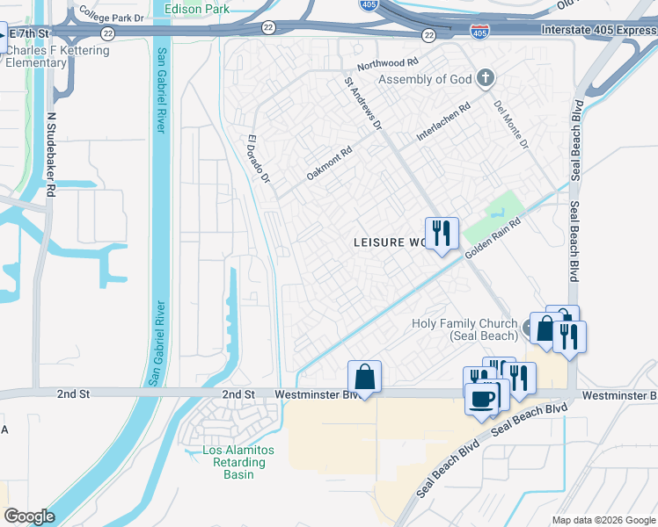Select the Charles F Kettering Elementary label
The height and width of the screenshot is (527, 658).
(58, 56)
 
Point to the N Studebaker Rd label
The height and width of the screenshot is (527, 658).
(51, 154)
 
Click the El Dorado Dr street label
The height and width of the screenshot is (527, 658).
(257, 159)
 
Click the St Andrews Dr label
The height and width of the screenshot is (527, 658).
(362, 103)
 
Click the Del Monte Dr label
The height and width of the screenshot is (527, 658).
(511, 123)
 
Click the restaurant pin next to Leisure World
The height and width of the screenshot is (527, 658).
(442, 233)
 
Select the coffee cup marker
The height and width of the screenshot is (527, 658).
(481, 398)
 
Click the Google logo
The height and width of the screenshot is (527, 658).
(29, 516)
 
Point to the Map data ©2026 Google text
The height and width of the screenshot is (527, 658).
(603, 520)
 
